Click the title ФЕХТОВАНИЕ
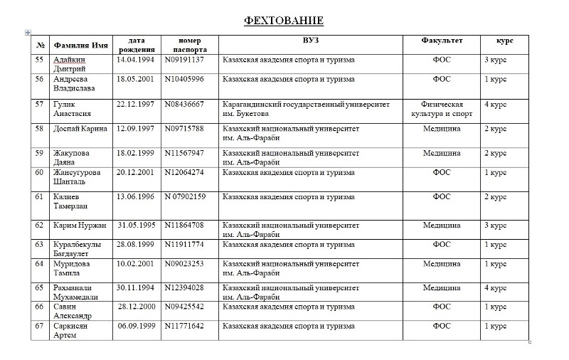(284, 20)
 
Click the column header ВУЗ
(310, 41)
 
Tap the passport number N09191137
(184, 60)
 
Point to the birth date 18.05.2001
(135, 79)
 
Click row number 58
(40, 129)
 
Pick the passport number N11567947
(184, 153)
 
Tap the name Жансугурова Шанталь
(76, 176)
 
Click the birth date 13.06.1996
(135, 196)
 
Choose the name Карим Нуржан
(80, 226)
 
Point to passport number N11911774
(184, 245)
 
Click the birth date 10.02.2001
(135, 264)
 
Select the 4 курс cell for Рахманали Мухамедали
(495, 288)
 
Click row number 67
(40, 326)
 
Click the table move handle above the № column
(28, 32)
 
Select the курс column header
(505, 41)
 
